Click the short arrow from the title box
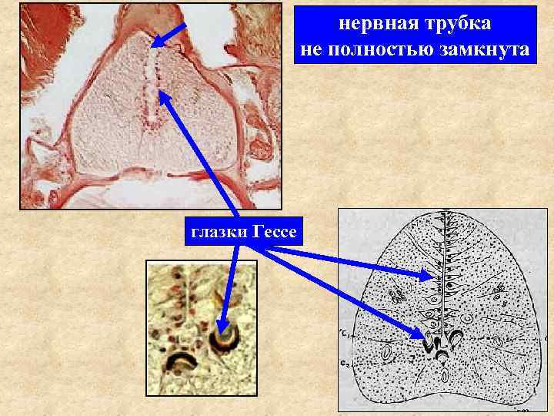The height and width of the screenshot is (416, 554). [171, 33]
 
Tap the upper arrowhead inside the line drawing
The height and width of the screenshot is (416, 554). [429, 274]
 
